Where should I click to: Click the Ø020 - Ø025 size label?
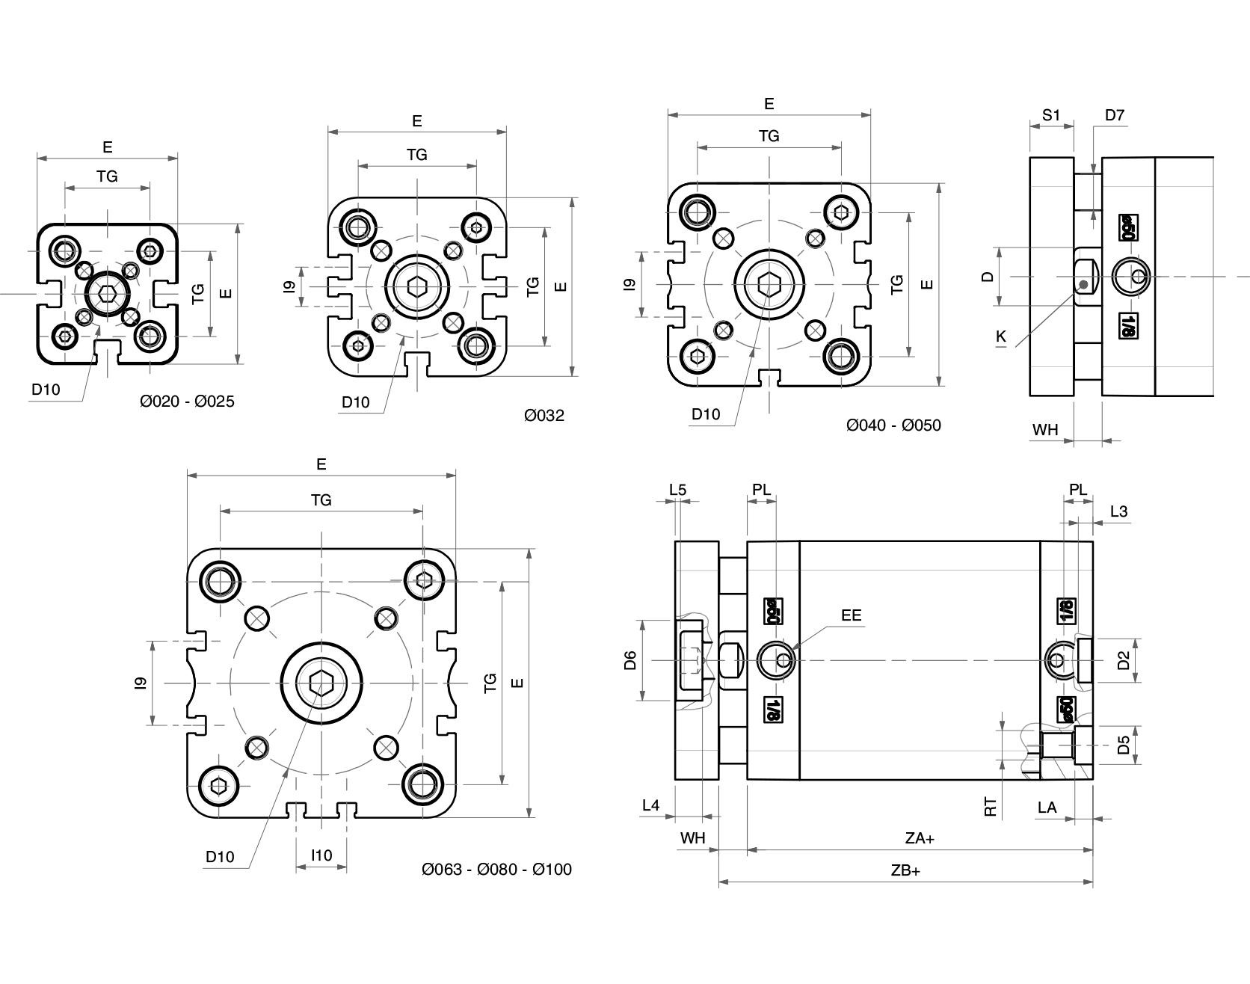(187, 402)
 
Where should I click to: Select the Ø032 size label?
(544, 415)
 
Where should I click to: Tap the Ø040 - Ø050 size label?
(893, 425)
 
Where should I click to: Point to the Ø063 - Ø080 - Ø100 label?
(496, 869)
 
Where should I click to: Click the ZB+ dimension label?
(905, 870)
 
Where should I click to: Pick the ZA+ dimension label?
(920, 838)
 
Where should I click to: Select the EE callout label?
(851, 615)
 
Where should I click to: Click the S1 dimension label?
(1051, 115)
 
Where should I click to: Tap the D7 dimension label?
(1114, 115)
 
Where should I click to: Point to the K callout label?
(1001, 337)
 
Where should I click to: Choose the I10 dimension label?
(321, 855)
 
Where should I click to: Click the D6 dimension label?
(630, 660)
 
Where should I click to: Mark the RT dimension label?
(991, 807)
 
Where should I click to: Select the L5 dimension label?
(677, 491)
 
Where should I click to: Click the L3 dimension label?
(1118, 511)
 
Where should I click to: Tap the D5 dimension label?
(1123, 745)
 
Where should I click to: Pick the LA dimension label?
(1047, 807)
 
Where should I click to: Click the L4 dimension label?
(651, 805)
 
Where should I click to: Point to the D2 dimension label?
(1123, 660)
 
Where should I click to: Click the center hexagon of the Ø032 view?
(416, 285)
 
